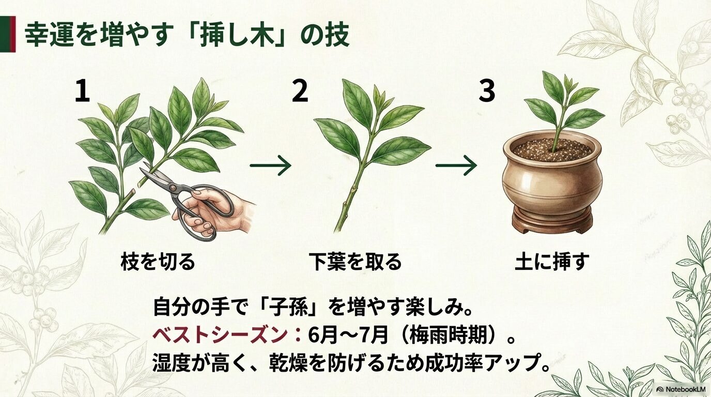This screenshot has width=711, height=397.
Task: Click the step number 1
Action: (x=82, y=91)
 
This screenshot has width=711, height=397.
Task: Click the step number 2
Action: (x=300, y=91)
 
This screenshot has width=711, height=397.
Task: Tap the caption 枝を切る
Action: (x=158, y=262)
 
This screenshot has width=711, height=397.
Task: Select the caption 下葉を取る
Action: (x=355, y=262)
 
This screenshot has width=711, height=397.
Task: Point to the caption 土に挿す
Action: (x=552, y=262)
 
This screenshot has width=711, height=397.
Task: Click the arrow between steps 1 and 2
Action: (x=270, y=166)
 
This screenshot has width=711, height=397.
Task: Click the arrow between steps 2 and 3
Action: (x=456, y=166)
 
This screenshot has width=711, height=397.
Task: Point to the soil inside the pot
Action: (x=552, y=149)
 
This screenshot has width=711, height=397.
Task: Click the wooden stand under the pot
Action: (x=552, y=221)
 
